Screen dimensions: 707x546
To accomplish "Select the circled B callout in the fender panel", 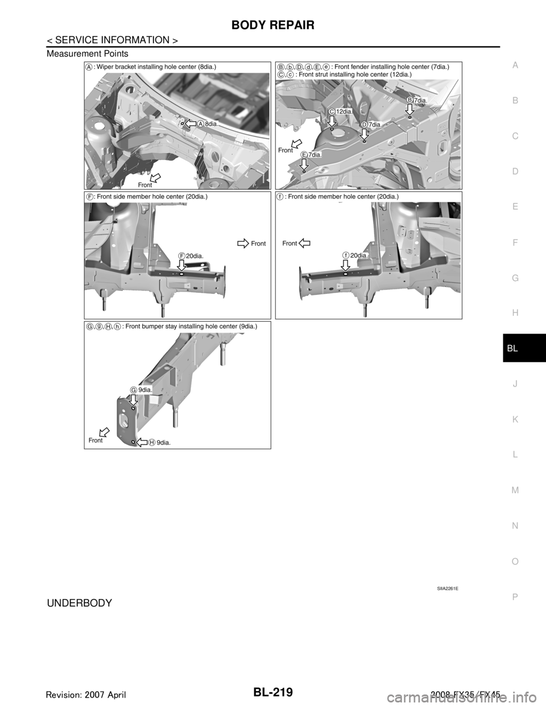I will (x=409, y=100).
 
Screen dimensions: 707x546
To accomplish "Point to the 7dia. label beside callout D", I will (x=374, y=124).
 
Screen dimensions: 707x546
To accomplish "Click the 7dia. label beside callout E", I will (x=315, y=155).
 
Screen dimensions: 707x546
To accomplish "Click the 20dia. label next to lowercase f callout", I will (x=359, y=256).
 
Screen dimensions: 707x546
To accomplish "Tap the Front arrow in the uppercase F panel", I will (x=243, y=244).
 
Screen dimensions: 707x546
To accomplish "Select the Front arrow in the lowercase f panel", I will (x=304, y=243).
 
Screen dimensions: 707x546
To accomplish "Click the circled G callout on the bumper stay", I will (x=133, y=389).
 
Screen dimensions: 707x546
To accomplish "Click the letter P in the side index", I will (x=514, y=595).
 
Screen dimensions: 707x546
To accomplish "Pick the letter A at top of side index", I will (x=514, y=65).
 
